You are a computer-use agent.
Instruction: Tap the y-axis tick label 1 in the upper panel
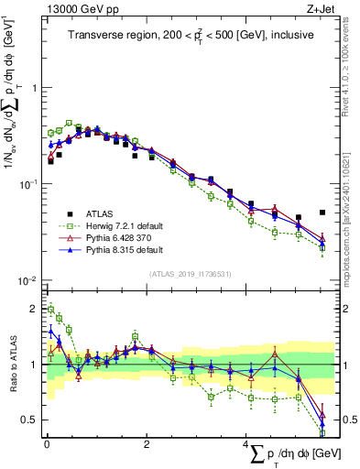tap(32, 88)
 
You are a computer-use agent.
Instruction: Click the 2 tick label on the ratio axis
tap(32, 309)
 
